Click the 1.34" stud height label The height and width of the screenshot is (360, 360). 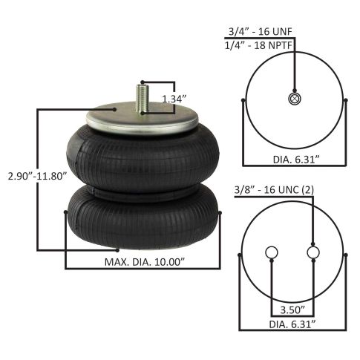pos(174,99)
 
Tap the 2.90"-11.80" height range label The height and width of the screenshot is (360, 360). pos(38,176)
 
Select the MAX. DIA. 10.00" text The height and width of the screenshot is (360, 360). pos(145,262)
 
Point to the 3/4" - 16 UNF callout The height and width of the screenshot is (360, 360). pos(261,31)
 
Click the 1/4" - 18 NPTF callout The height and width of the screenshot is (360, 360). pos(258,45)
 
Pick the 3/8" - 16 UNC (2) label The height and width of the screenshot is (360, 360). pos(274,190)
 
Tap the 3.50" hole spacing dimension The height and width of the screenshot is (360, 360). pos(292,310)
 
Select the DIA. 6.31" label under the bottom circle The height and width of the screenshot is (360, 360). pos(292,324)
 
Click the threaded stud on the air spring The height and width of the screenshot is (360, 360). pos(143,99)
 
